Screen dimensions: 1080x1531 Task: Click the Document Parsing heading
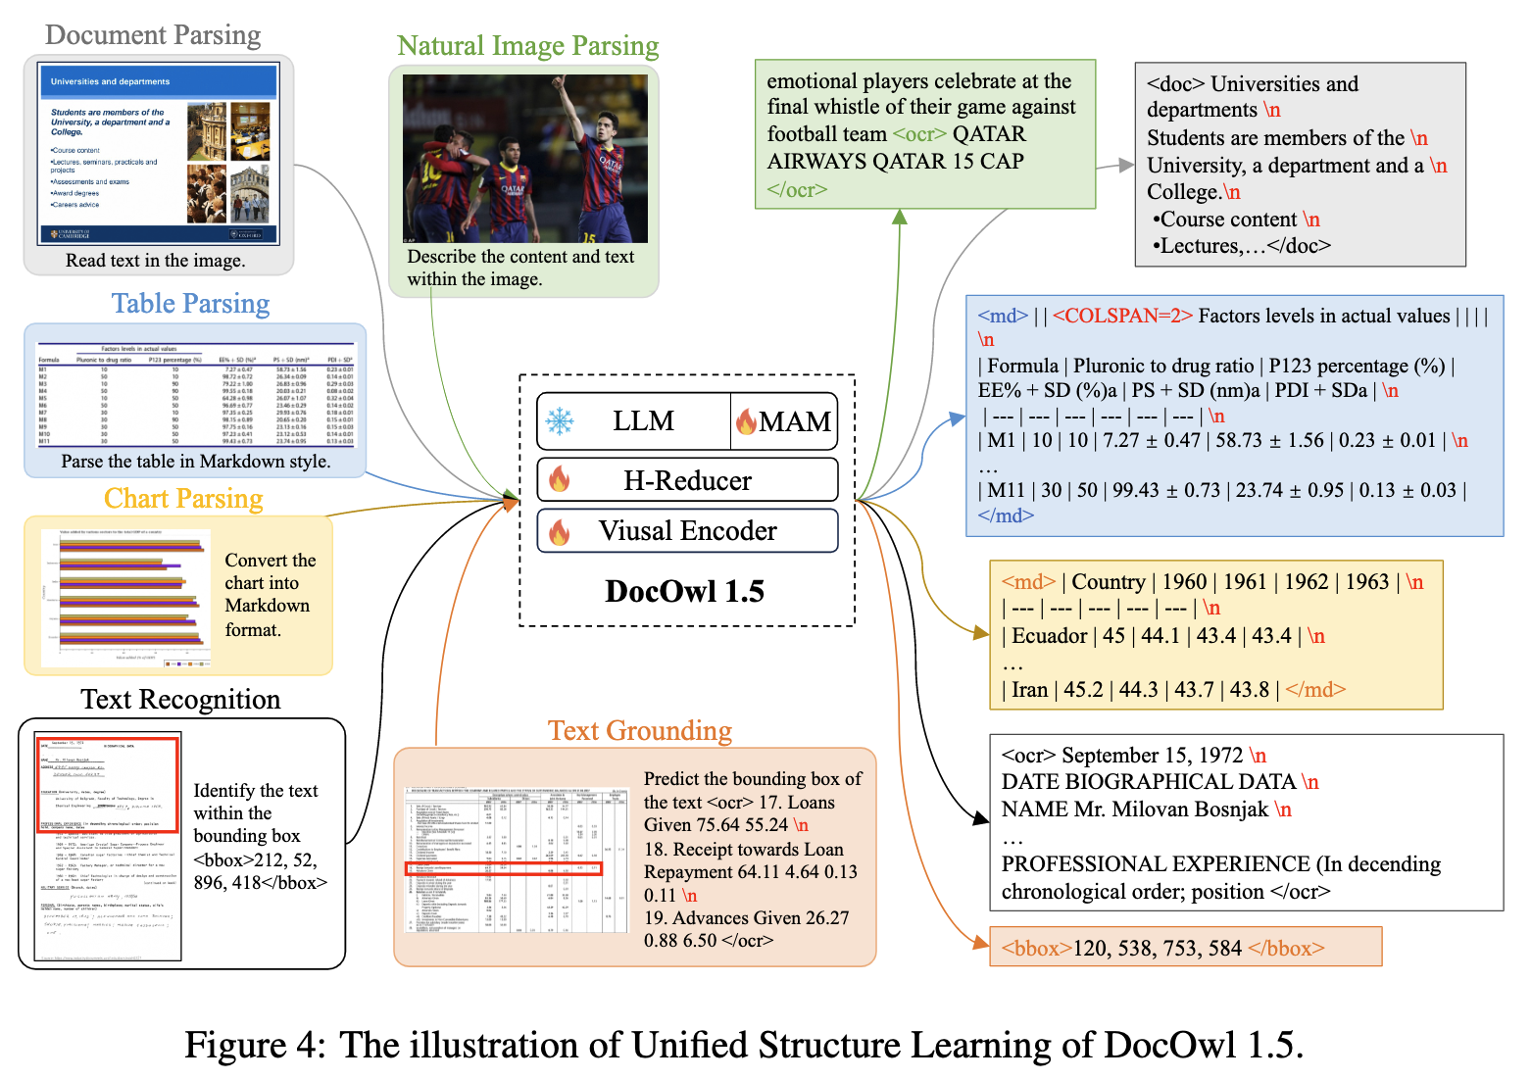coord(153,35)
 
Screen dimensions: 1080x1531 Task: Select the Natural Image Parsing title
coord(527,46)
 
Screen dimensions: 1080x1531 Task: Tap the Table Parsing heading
coord(190,304)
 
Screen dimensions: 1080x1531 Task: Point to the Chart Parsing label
coord(183,499)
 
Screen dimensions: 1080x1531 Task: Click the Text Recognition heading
coord(180,699)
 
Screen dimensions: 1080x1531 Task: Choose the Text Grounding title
coord(639,731)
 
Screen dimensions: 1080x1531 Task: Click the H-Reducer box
coord(687,480)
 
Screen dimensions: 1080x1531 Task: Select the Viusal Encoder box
coord(687,531)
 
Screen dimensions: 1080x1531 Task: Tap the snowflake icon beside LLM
coord(560,421)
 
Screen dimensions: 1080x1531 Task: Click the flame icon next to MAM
coord(746,421)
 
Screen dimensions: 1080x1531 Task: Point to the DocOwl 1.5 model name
coord(684,591)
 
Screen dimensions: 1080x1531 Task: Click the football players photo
coord(524,159)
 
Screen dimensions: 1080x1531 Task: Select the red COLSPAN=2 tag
coord(1122,316)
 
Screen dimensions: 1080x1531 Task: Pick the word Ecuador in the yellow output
coord(1049,636)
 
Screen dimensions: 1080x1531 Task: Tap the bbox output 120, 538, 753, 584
coord(1161,948)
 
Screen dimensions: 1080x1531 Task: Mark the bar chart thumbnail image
coord(125,597)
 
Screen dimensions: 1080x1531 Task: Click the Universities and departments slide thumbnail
coord(159,154)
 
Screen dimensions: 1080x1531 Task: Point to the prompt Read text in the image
coord(155,261)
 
